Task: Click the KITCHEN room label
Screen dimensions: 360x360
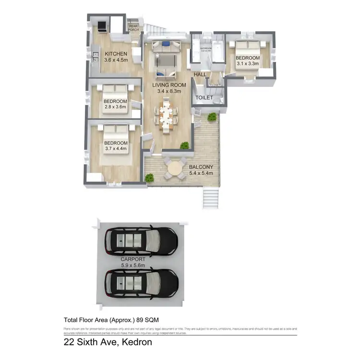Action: (116, 53)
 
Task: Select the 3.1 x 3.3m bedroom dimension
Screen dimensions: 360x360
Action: (248, 63)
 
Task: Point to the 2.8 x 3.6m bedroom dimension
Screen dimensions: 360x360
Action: (115, 107)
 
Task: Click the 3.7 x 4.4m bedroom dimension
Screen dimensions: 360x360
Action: (116, 149)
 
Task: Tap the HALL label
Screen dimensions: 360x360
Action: (200, 74)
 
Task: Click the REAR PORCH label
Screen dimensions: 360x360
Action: (133, 28)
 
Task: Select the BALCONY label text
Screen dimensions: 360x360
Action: (201, 167)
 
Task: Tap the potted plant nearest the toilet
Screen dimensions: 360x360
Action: (211, 117)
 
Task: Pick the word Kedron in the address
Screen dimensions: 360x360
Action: (137, 343)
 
